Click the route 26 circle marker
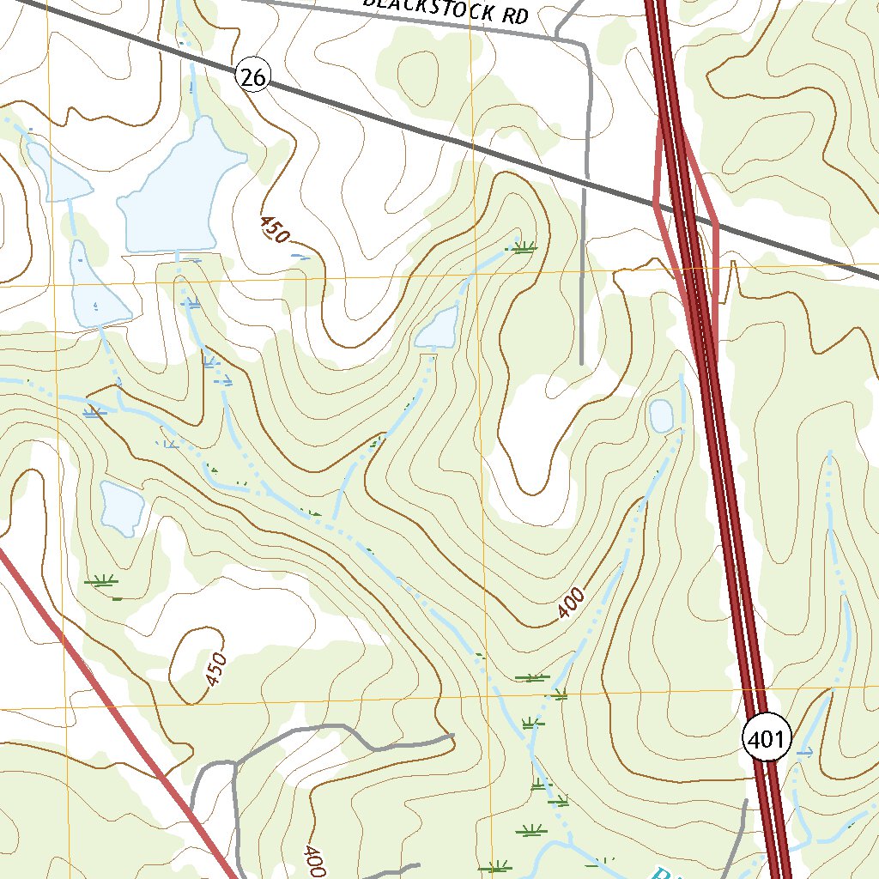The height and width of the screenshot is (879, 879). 253,78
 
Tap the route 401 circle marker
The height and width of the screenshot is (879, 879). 766,739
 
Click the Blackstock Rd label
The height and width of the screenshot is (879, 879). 444,9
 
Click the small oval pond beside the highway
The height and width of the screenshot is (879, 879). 661,415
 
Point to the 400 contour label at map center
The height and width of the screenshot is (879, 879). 571,603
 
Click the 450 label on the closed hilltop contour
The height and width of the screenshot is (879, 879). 216,669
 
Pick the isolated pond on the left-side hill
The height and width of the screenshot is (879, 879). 120,506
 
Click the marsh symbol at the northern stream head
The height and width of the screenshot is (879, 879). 523,248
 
